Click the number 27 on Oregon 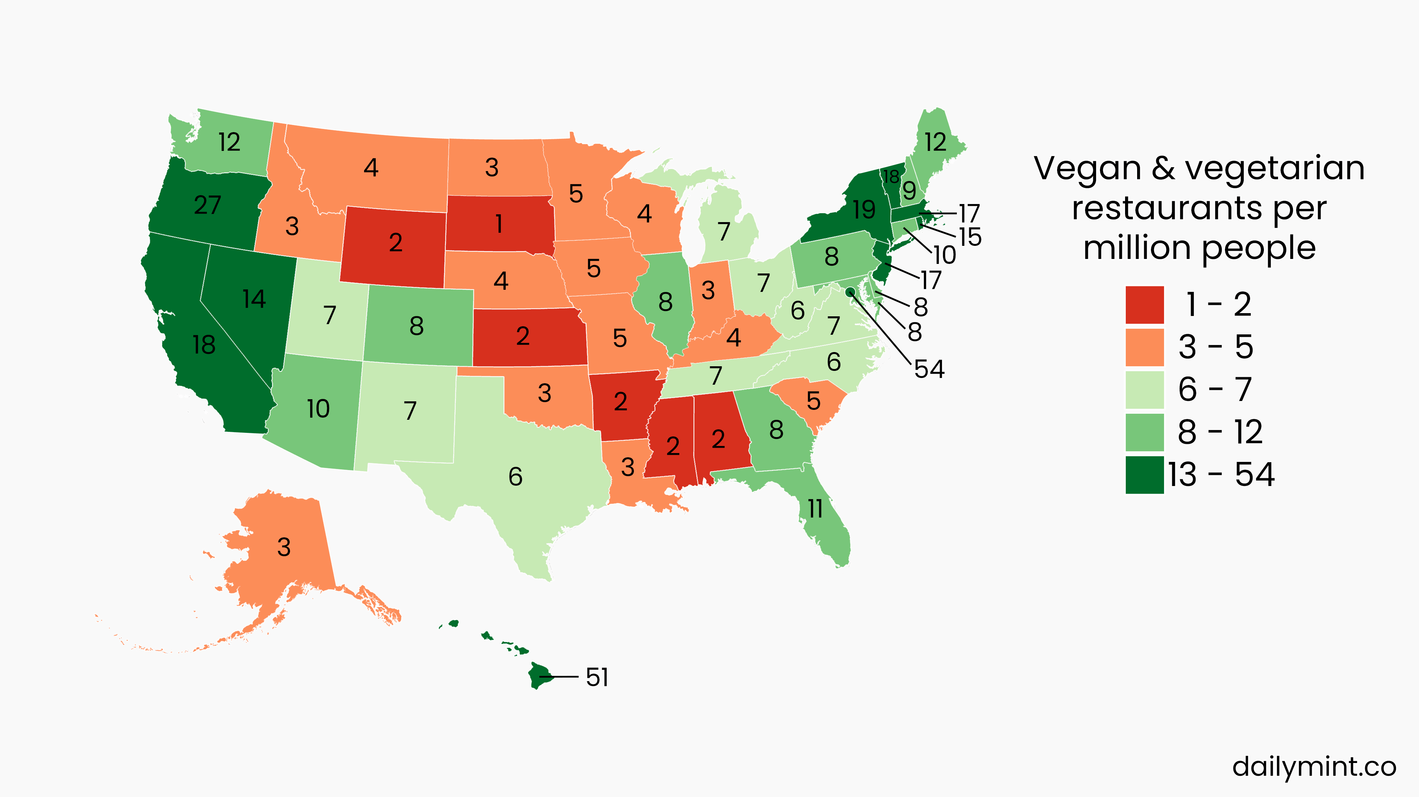(x=207, y=205)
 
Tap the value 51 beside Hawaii (x=597, y=677)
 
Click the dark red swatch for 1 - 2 (x=1144, y=304)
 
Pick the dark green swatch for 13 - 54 (x=1144, y=475)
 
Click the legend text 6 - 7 (x=1215, y=389)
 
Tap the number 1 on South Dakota (x=499, y=224)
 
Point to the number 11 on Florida (x=815, y=508)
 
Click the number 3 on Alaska (x=284, y=547)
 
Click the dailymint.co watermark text (x=1314, y=767)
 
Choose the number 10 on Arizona (x=318, y=408)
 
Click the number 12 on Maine (x=935, y=142)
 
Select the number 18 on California (x=204, y=345)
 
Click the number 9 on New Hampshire (x=909, y=190)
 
